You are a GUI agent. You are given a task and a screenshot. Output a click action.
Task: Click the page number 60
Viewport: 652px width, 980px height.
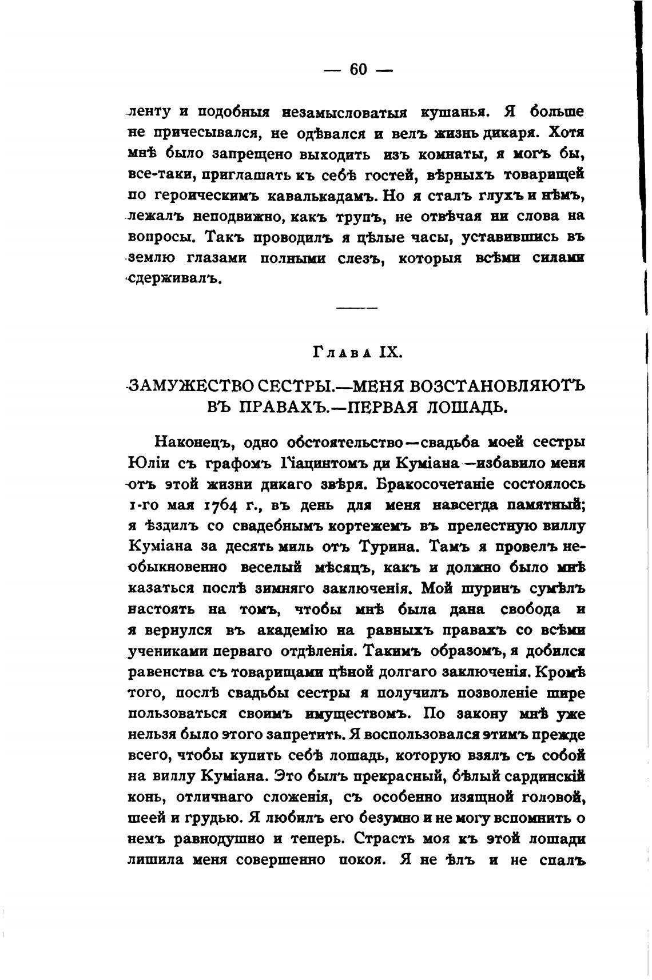pos(358,70)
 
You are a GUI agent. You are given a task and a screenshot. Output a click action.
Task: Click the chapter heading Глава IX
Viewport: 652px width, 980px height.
pos(358,352)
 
